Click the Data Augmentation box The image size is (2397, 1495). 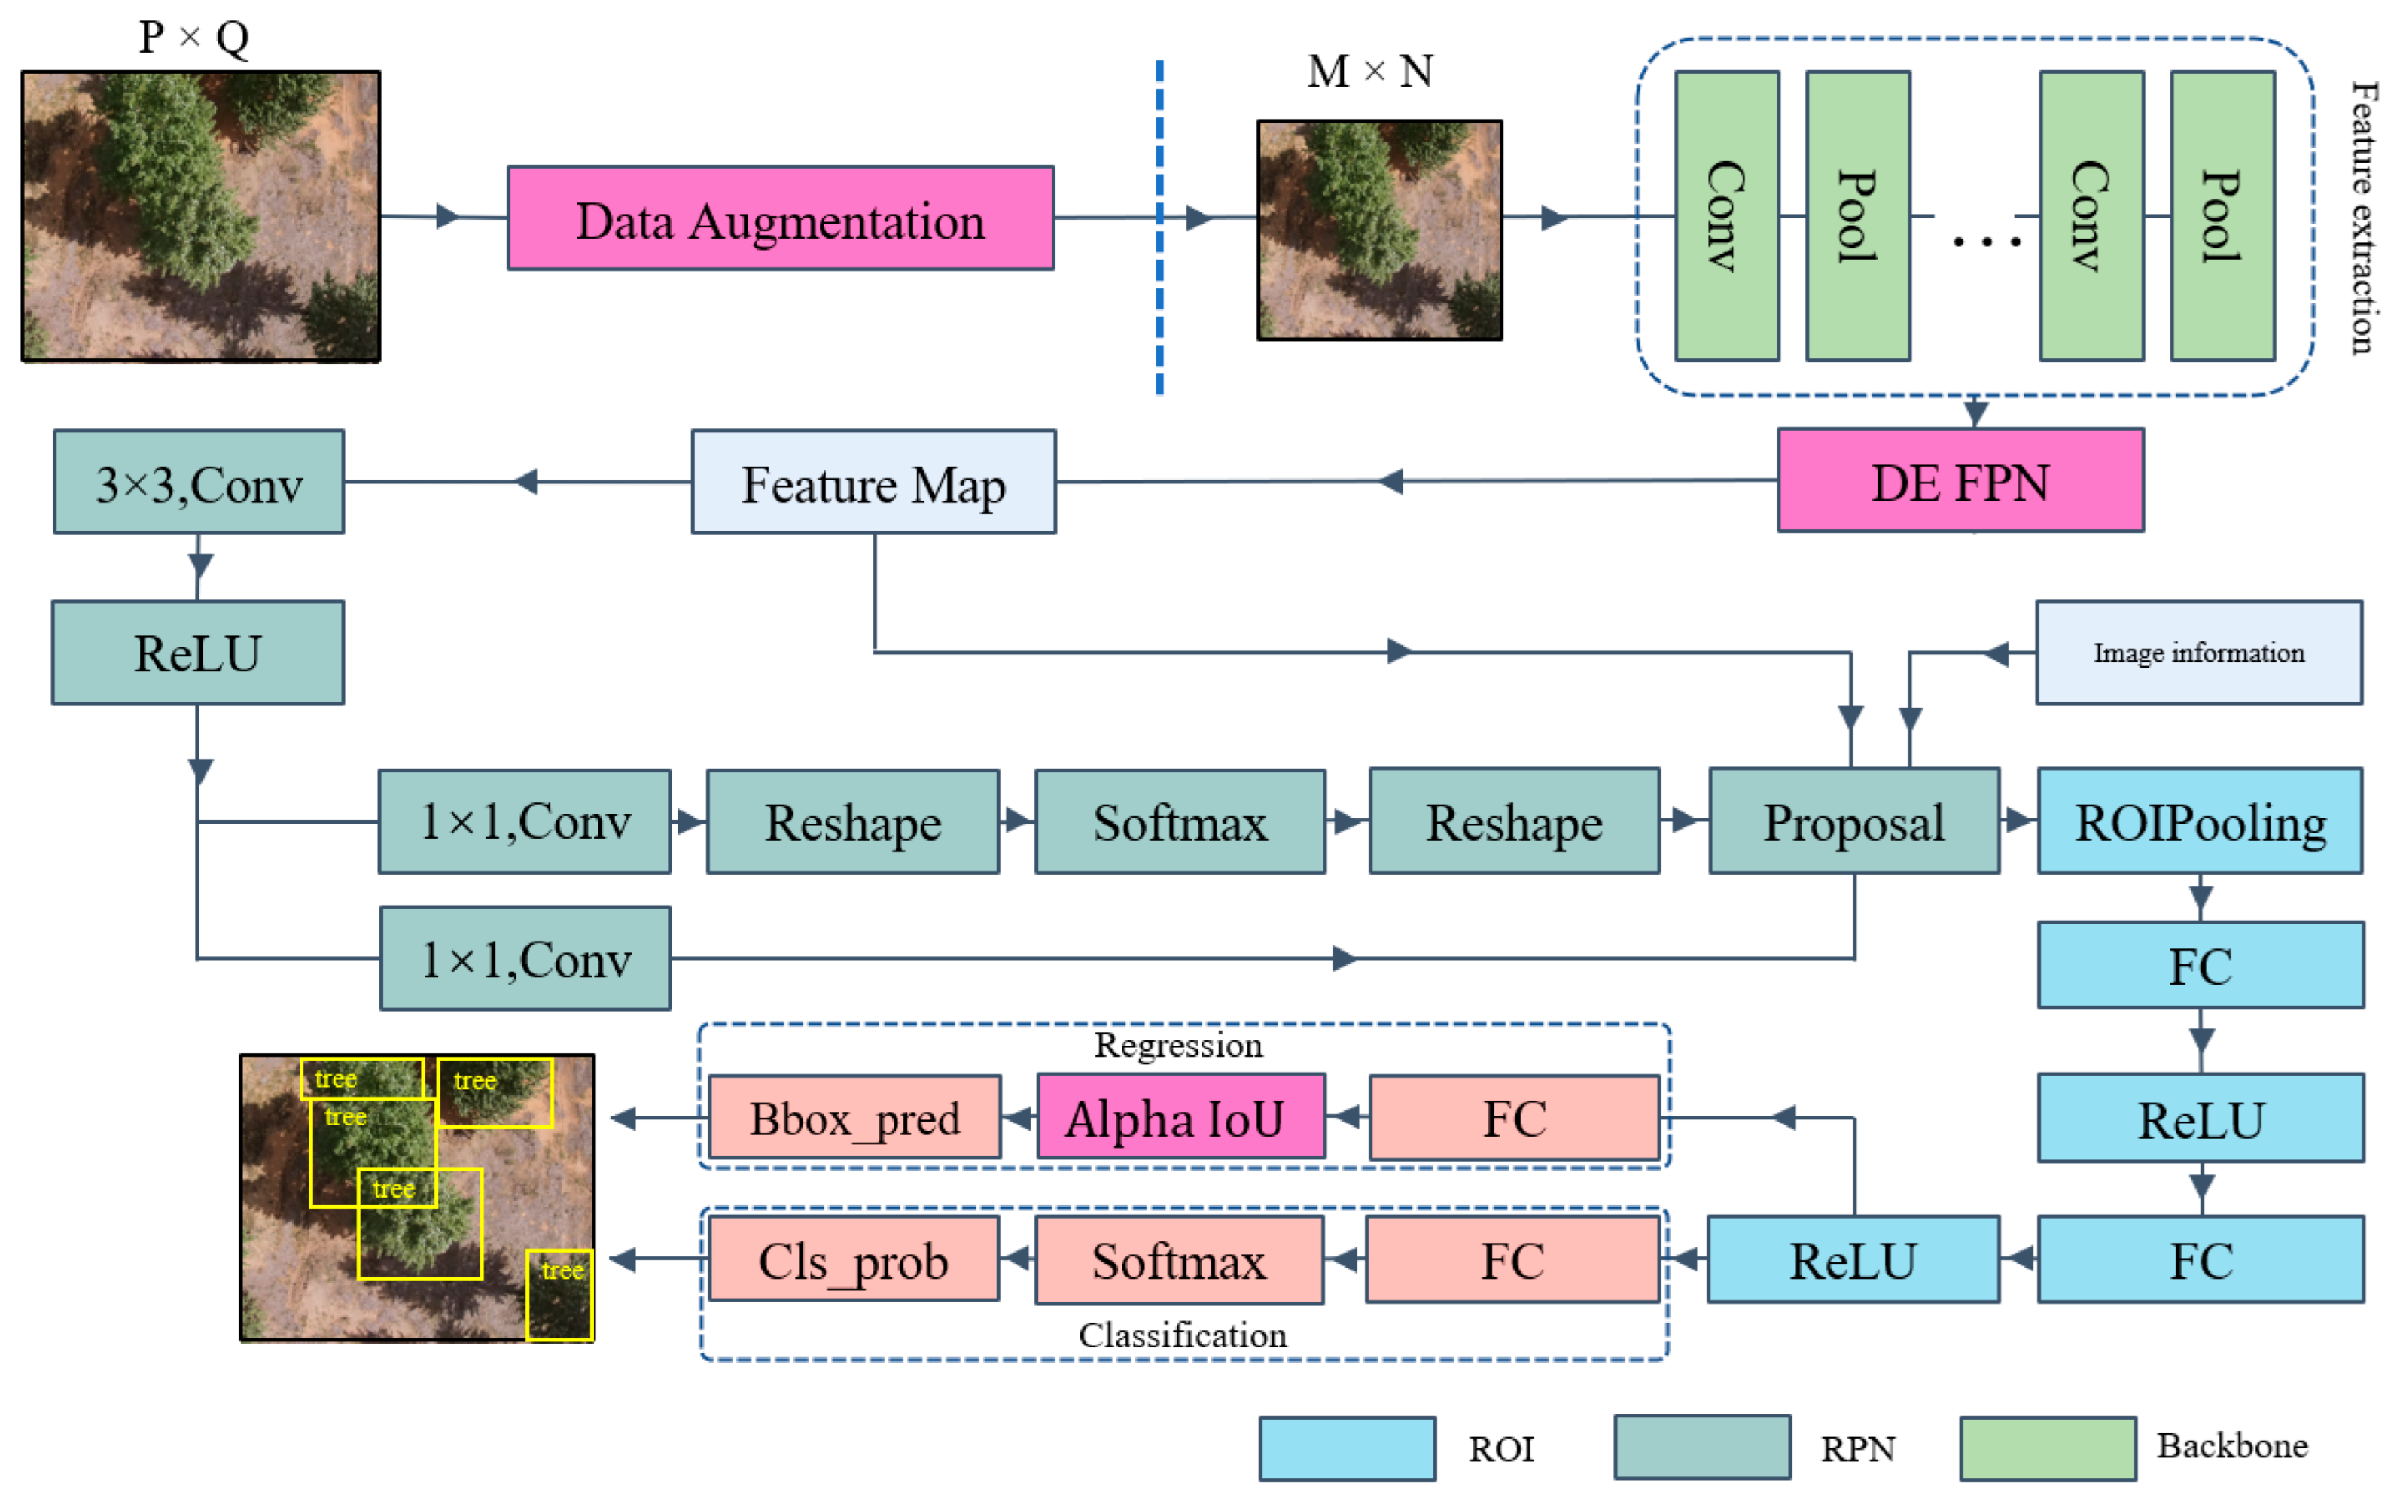click(780, 218)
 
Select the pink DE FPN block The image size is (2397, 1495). click(1960, 482)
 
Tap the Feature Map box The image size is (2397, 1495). click(873, 483)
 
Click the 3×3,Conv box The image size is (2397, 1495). click(199, 483)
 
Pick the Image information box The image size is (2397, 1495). click(2198, 653)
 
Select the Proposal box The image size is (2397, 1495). click(1854, 822)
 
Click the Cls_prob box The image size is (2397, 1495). click(854, 1259)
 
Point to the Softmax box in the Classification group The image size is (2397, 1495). click(1179, 1259)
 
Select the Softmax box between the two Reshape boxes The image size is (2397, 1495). click(1180, 822)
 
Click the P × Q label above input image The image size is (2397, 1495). click(193, 38)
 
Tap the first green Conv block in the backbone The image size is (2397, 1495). click(1726, 215)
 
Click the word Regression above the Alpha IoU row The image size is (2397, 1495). click(1177, 1045)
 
